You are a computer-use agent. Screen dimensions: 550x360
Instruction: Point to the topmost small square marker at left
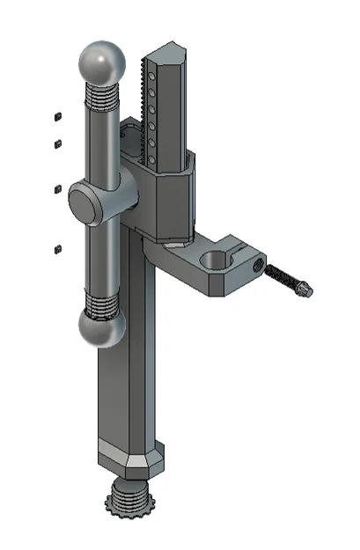pos(57,115)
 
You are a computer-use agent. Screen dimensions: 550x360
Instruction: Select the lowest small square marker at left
pos(57,249)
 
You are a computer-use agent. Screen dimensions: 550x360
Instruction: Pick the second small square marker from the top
pos(57,141)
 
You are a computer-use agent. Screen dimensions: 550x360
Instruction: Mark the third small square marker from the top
pos(57,188)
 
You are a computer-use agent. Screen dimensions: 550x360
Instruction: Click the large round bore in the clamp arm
pos(213,260)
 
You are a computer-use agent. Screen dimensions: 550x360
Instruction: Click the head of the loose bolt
pos(304,289)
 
